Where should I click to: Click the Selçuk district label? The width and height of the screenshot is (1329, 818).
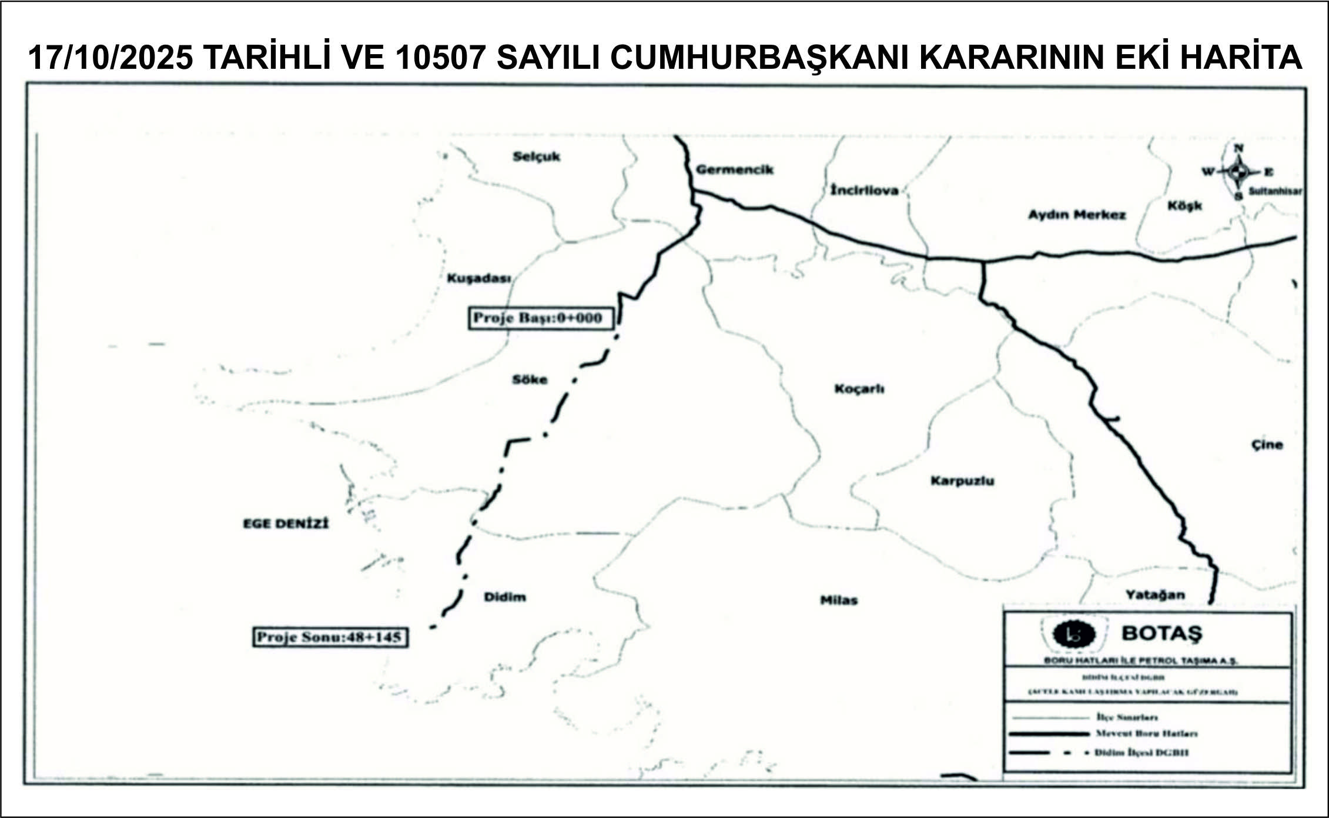[x=536, y=157]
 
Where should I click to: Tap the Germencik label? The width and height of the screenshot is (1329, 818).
[x=734, y=170]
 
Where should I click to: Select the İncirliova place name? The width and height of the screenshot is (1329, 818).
[x=864, y=191]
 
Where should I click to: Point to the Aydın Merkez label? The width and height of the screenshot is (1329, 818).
[x=1076, y=215]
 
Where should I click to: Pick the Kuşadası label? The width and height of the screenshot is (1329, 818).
[x=478, y=278]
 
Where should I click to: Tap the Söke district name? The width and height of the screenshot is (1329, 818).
[x=529, y=380]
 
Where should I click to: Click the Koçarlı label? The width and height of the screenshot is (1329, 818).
[x=859, y=389]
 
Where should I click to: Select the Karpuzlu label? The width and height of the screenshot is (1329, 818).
[x=962, y=481]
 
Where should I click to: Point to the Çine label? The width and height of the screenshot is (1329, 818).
[x=1267, y=445]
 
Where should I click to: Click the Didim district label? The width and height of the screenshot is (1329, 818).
[x=504, y=597]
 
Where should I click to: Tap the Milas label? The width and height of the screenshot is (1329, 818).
[x=838, y=600]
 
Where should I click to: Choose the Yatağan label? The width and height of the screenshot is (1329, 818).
[x=1155, y=595]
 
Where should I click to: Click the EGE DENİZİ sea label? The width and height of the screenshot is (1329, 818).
[x=286, y=523]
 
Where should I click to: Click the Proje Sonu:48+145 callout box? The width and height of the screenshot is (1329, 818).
[x=330, y=637]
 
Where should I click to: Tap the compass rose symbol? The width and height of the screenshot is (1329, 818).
[x=1238, y=172]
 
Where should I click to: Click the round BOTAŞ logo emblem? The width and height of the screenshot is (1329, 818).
[x=1073, y=633]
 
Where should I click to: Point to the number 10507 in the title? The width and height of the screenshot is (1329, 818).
[x=440, y=58]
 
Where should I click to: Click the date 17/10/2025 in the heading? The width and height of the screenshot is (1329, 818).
[x=111, y=58]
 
